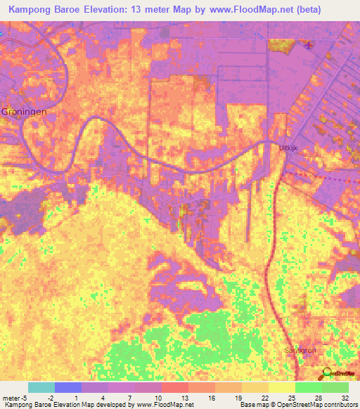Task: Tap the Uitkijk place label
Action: [289, 148]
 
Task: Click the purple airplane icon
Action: [309, 46]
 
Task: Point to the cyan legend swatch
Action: [41, 387]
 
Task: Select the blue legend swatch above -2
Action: [67, 387]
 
